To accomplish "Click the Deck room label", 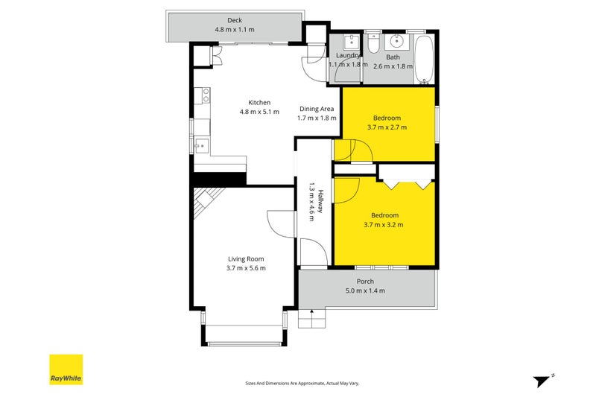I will coord(235,21).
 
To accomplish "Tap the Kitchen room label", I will coord(259,103).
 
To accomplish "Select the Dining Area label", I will coord(317,109).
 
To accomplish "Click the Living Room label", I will coord(247,259).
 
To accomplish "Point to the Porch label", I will coord(365,281).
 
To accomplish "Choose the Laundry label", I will coord(348,55).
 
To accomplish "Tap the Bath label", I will coord(392,55).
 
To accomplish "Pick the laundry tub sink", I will coord(348,42).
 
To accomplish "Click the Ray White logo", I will coord(66,369).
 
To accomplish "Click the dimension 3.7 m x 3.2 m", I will coord(383,224).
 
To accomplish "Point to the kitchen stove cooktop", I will coord(200,95).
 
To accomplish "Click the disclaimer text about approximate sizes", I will coord(302,383).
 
